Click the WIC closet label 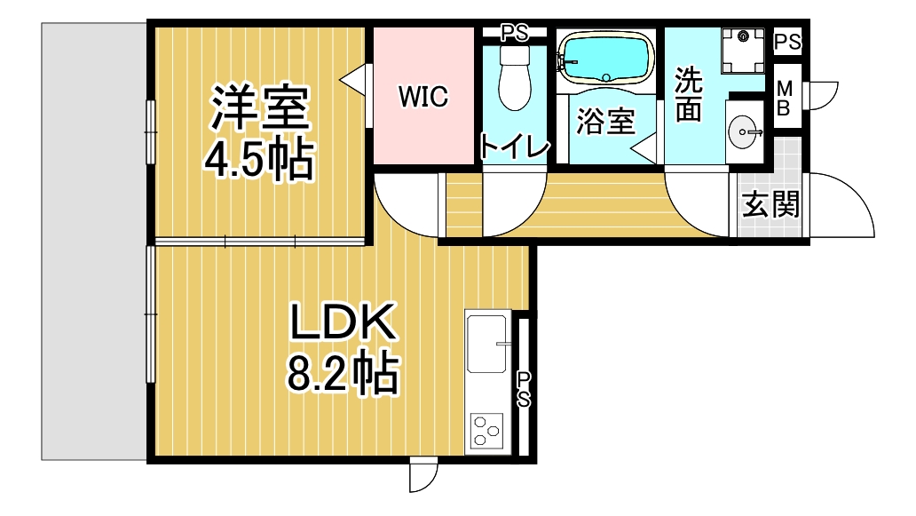423,97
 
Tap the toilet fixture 515,78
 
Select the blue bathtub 606,57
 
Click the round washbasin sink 743,132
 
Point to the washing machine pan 743,51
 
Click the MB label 785,99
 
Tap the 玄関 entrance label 770,204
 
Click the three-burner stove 487,432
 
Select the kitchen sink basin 486,344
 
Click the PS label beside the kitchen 524,391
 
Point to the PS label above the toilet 515,34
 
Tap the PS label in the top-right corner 787,42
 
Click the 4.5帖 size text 259,159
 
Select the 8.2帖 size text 343,372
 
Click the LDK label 343,322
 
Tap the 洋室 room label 260,107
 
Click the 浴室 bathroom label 605,122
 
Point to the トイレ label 515,146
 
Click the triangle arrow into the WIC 353,80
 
